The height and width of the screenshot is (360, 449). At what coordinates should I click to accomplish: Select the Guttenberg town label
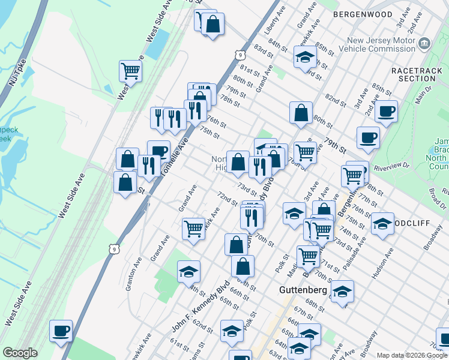[303, 290]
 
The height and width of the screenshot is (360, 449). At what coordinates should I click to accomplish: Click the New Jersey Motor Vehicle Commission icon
[424, 43]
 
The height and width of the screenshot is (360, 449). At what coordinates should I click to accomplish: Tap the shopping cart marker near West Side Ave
[130, 71]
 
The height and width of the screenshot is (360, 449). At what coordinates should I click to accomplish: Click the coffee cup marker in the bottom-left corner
[60, 331]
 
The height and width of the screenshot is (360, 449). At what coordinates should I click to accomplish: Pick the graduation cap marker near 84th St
[305, 57]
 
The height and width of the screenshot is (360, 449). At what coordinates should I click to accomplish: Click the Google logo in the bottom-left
[20, 353]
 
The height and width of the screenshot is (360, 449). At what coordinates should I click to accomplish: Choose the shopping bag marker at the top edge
[212, 24]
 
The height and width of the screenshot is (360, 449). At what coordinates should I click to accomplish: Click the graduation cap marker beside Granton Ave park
[188, 271]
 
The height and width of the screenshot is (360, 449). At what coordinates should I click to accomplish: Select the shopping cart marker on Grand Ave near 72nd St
[193, 228]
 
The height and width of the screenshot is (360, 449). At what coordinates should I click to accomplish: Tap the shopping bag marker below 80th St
[301, 112]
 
